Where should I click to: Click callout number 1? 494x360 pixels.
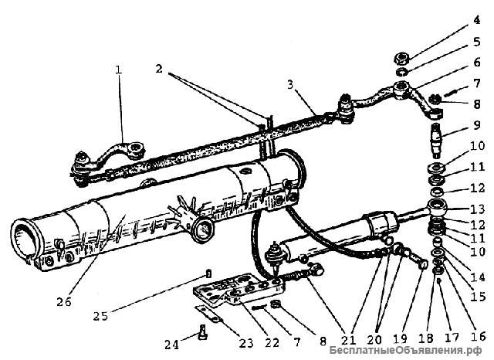click(x=118, y=70)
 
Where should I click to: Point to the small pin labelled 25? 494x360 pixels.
click(x=209, y=272)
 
